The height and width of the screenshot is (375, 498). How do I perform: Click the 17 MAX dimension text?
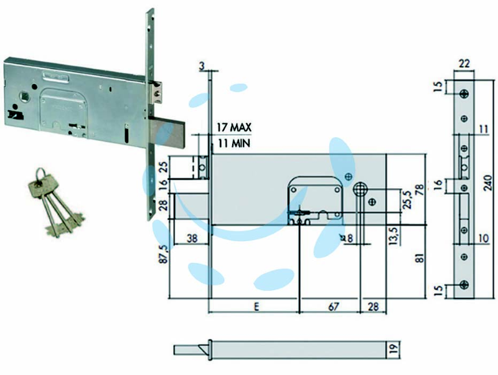(234, 128)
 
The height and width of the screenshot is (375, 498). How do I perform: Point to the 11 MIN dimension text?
(234, 143)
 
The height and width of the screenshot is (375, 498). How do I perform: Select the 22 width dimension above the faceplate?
(464, 64)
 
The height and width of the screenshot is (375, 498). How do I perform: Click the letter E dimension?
(256, 306)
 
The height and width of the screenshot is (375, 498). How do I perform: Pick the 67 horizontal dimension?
(333, 306)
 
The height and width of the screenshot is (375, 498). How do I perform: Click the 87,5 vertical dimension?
(163, 254)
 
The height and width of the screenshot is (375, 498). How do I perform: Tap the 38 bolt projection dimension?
(192, 238)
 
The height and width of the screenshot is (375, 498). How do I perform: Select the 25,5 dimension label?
(407, 199)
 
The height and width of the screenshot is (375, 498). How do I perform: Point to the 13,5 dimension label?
(393, 235)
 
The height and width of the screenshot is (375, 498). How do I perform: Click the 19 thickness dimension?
(393, 349)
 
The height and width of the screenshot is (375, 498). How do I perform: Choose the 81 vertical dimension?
(420, 258)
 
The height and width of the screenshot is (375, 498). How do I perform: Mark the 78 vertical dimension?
(420, 190)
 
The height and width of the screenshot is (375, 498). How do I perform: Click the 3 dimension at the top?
(201, 66)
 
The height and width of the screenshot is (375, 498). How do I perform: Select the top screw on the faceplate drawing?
(464, 93)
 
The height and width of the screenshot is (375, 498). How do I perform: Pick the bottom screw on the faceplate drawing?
(464, 285)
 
